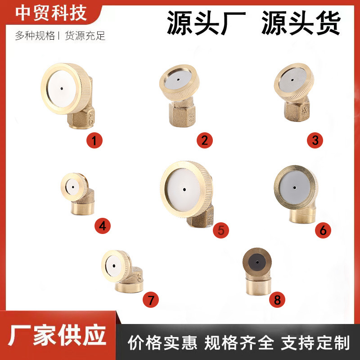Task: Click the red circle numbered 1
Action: point(94,140)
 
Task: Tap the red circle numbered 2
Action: point(205,140)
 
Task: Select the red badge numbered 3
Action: point(315,140)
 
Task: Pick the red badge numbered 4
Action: point(103,225)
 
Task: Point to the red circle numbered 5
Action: point(221,230)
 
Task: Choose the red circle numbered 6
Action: point(323,230)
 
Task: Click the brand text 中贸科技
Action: point(51,13)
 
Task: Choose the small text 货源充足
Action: point(85,36)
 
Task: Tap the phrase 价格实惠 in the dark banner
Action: point(162,343)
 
